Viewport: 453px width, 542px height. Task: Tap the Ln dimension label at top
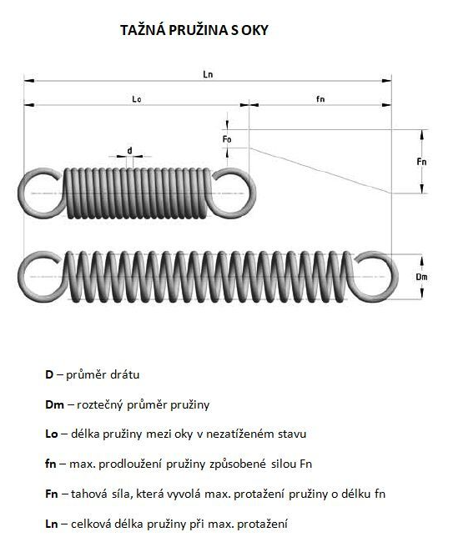click(208, 74)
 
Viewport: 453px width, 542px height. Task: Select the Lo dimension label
click(137, 99)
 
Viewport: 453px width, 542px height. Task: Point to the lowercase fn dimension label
click(320, 99)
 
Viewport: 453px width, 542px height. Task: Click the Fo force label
click(227, 139)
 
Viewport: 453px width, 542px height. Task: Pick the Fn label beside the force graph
click(421, 162)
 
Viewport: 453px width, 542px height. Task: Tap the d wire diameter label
click(129, 151)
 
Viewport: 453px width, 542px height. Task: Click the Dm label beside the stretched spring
click(421, 277)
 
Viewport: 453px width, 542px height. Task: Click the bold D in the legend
click(48, 374)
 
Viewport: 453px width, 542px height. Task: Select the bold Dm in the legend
click(54, 404)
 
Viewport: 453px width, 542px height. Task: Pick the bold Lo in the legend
click(52, 434)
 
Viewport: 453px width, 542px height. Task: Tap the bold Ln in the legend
click(52, 524)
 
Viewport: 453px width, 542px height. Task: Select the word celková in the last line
click(91, 524)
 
